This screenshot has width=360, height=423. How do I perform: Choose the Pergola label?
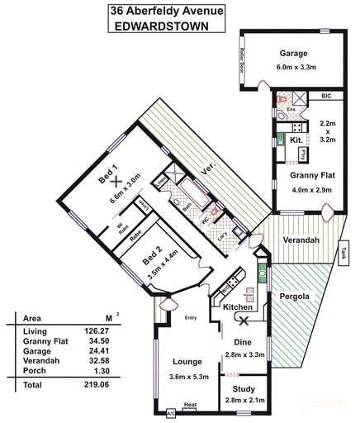(293, 295)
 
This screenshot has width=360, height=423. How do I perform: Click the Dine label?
(243, 341)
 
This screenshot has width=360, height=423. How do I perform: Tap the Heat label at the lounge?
(189, 405)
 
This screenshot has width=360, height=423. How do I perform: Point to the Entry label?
(190, 316)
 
